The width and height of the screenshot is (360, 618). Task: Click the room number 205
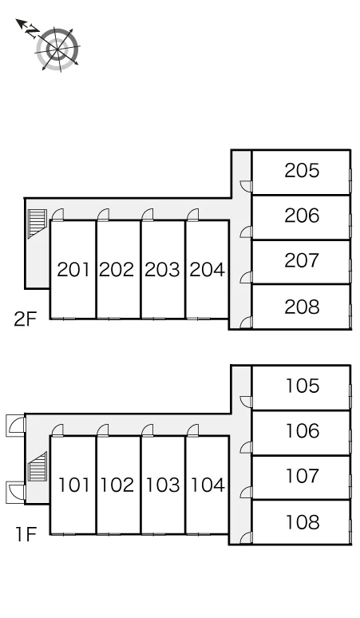(302, 171)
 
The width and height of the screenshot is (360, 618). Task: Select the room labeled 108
(302, 522)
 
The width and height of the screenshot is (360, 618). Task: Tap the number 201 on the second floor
(73, 270)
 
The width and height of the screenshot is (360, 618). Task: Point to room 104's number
(208, 485)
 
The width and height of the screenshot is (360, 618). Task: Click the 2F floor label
(26, 319)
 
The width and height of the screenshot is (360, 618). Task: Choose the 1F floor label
(26, 535)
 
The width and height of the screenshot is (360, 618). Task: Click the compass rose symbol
(58, 50)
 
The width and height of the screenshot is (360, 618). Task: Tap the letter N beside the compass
(33, 31)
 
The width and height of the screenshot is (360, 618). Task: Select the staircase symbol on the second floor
(38, 224)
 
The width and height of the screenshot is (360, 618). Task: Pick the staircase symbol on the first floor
(38, 466)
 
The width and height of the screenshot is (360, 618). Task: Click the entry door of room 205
(246, 186)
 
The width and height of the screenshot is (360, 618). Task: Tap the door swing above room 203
(148, 215)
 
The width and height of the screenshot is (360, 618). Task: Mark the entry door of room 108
(246, 538)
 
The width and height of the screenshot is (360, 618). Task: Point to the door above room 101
(57, 430)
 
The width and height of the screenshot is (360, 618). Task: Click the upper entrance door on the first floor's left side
(16, 426)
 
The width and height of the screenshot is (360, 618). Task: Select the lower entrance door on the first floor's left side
(16, 493)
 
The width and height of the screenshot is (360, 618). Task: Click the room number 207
(302, 260)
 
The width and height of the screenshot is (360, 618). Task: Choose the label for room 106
(302, 431)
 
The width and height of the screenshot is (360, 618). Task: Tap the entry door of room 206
(246, 232)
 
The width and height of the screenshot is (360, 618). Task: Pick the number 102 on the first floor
(117, 485)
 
